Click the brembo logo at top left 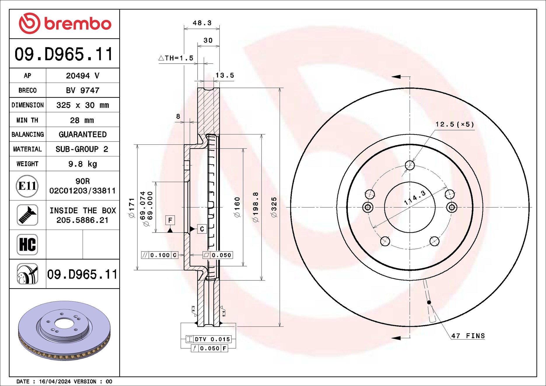coord(65,24)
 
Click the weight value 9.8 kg coord(83,164)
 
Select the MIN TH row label coord(27,120)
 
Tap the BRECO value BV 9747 coord(83,90)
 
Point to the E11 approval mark coord(27,186)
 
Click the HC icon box coord(27,244)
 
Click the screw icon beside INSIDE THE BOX coord(27,215)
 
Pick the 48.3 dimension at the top coord(202,23)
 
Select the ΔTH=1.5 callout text coord(176,58)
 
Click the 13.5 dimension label coord(225,75)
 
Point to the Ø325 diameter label coord(274,207)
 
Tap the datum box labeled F coord(170,220)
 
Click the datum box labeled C coord(202,229)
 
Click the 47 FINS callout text coord(468,336)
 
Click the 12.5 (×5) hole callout coord(454,124)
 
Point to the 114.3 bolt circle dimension coord(415,198)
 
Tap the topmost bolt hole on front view coord(410,165)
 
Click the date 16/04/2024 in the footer coord(55,381)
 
